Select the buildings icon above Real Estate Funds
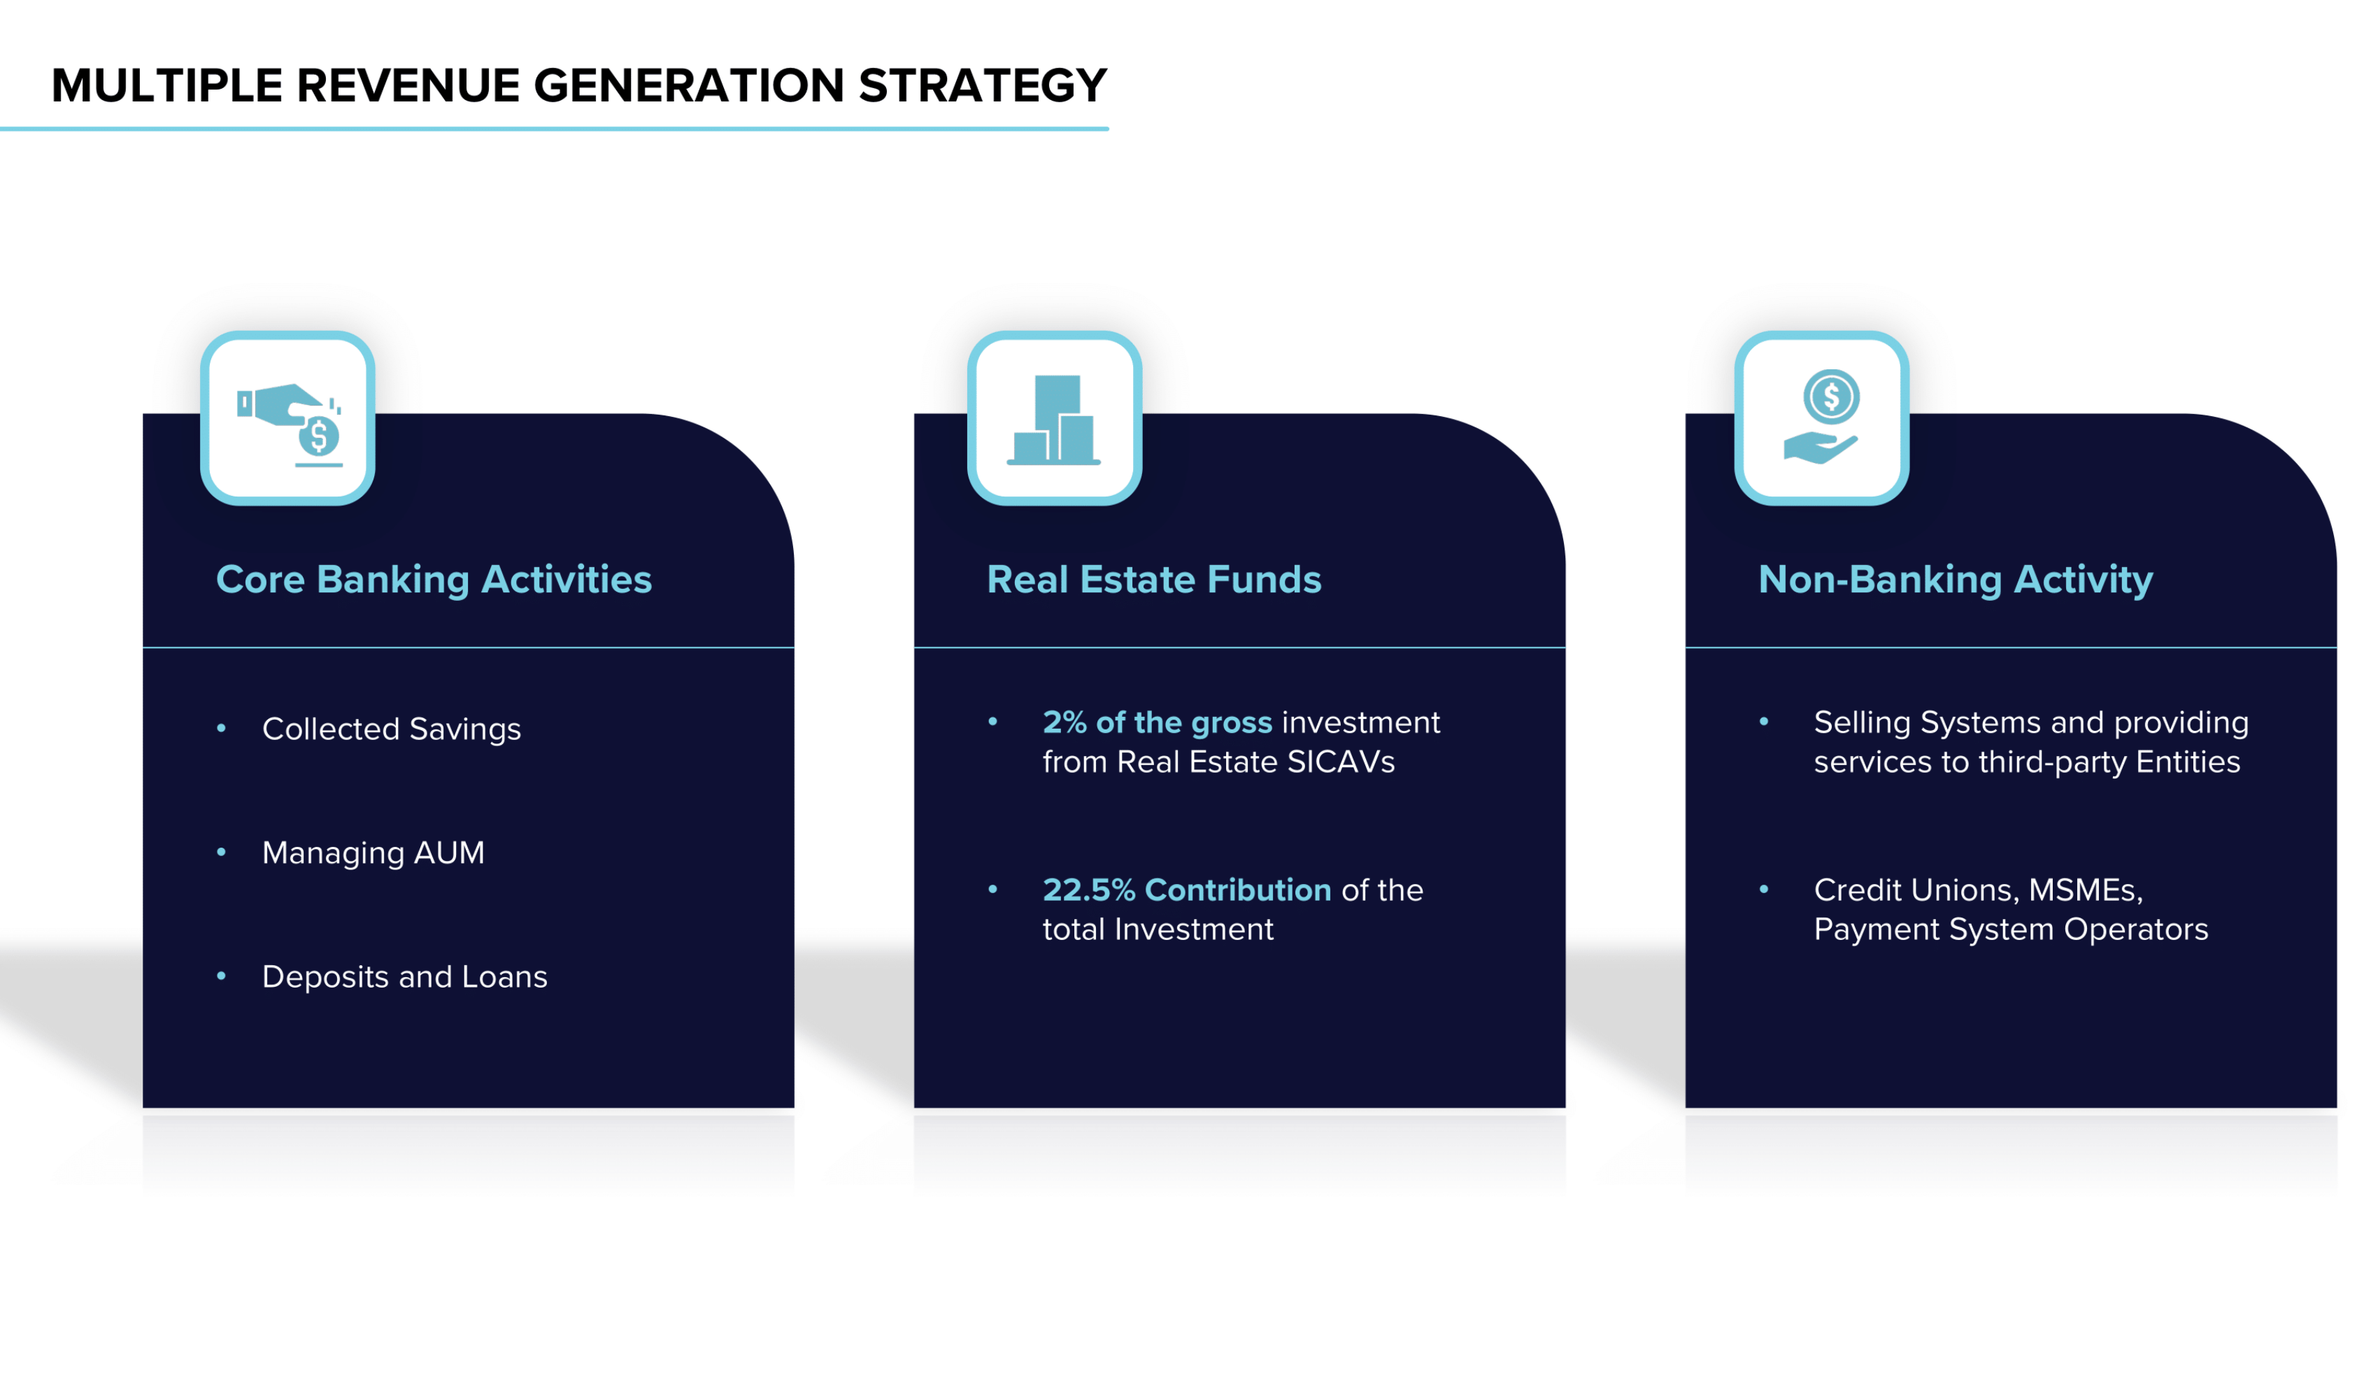pyautogui.click(x=1054, y=420)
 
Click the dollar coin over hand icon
pyautogui.click(x=1821, y=416)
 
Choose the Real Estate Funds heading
pyautogui.click(x=1154, y=579)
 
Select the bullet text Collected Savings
pyautogui.click(x=392, y=729)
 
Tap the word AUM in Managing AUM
pyautogui.click(x=449, y=852)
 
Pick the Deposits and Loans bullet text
pyautogui.click(x=405, y=977)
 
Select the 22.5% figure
pyautogui.click(x=1089, y=890)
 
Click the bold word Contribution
pyautogui.click(x=1238, y=890)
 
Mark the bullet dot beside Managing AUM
pyautogui.click(x=222, y=852)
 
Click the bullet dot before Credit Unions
pyautogui.click(x=1764, y=890)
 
